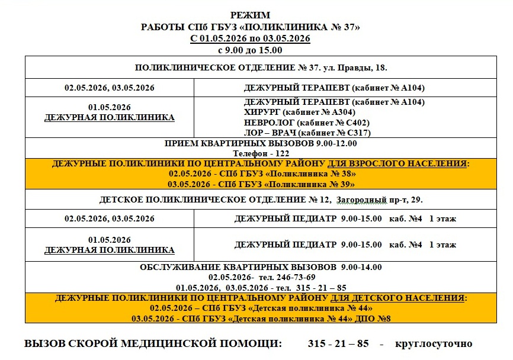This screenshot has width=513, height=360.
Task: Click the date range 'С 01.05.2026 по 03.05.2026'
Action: (x=249, y=38)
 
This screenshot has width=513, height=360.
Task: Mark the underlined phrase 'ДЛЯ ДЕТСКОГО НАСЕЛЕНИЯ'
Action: (x=398, y=298)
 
